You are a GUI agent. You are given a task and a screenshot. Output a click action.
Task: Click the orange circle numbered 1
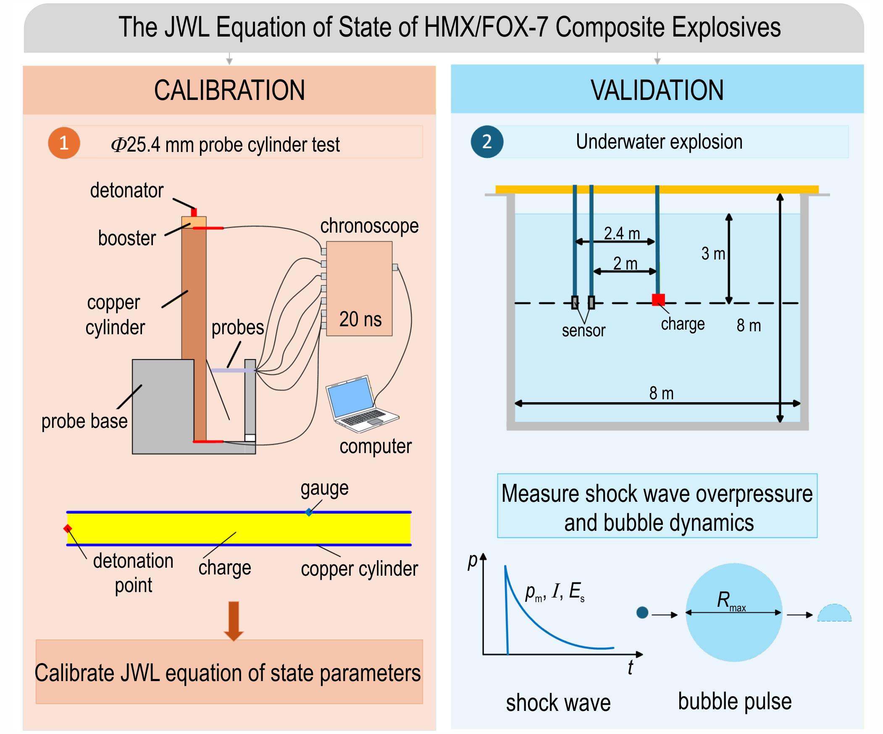(64, 143)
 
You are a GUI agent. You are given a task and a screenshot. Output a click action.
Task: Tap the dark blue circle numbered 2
(487, 142)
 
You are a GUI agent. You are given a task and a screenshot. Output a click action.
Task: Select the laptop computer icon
(362, 404)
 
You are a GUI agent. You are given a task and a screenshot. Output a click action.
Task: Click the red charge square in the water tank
(658, 300)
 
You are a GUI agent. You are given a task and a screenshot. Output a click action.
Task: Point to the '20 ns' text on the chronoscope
(360, 319)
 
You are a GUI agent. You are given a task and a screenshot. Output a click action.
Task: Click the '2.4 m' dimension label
(622, 233)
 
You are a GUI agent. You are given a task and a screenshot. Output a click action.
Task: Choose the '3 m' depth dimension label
(713, 254)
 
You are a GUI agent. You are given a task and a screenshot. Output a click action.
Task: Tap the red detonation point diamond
(68, 528)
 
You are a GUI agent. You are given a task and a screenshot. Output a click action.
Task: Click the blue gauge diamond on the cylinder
(309, 512)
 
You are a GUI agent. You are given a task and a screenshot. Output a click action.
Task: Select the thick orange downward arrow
(234, 621)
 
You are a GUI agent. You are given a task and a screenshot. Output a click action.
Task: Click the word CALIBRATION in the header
(230, 90)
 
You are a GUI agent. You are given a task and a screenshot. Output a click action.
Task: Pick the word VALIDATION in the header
(657, 90)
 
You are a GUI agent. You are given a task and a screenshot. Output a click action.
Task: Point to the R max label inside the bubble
(731, 601)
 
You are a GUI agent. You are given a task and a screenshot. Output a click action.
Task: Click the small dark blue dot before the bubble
(642, 613)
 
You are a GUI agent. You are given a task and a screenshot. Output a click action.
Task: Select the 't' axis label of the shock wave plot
(630, 667)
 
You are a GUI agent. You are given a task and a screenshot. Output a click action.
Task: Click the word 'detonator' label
(126, 191)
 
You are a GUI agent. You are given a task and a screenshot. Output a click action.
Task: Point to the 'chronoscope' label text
(369, 226)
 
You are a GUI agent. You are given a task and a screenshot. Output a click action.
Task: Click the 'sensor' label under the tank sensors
(583, 330)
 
